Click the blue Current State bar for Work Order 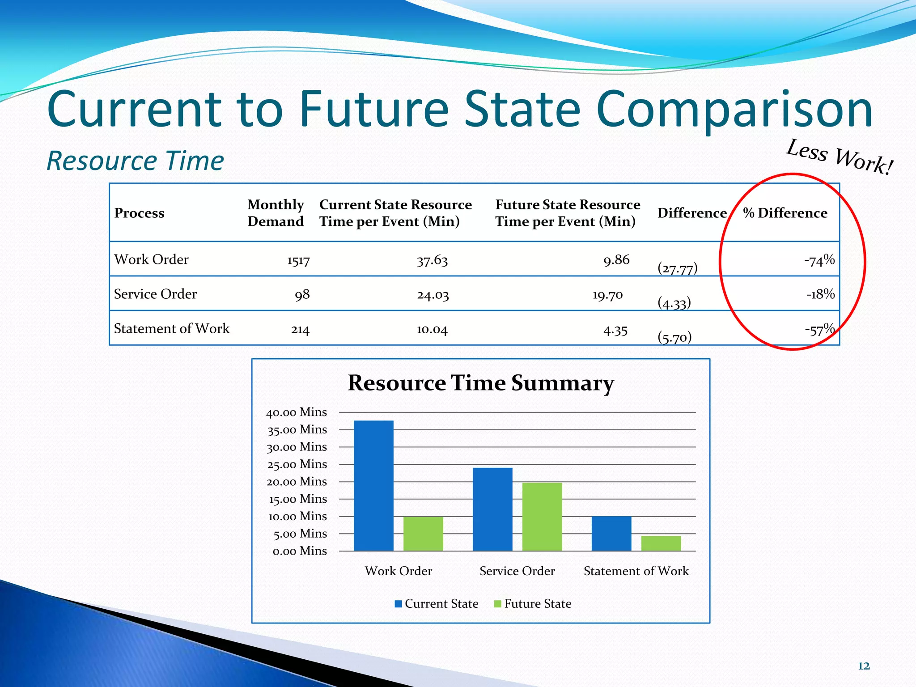click(x=373, y=485)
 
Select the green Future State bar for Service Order click(x=542, y=517)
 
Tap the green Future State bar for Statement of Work click(x=661, y=543)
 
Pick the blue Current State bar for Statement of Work click(x=611, y=533)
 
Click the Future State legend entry click(x=533, y=604)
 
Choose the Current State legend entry click(x=437, y=604)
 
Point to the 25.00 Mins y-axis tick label click(x=297, y=464)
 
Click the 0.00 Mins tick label click(x=300, y=551)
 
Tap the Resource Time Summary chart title click(x=481, y=383)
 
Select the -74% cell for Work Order click(x=819, y=260)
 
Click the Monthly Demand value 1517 click(x=298, y=261)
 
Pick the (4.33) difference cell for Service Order click(x=674, y=303)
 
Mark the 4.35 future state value click(x=615, y=331)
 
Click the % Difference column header click(x=785, y=213)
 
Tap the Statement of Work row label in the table click(x=172, y=329)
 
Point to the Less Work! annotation click(x=840, y=157)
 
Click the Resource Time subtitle click(x=135, y=161)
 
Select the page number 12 click(x=864, y=666)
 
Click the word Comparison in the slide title click(x=734, y=110)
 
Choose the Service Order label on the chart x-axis click(x=517, y=571)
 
